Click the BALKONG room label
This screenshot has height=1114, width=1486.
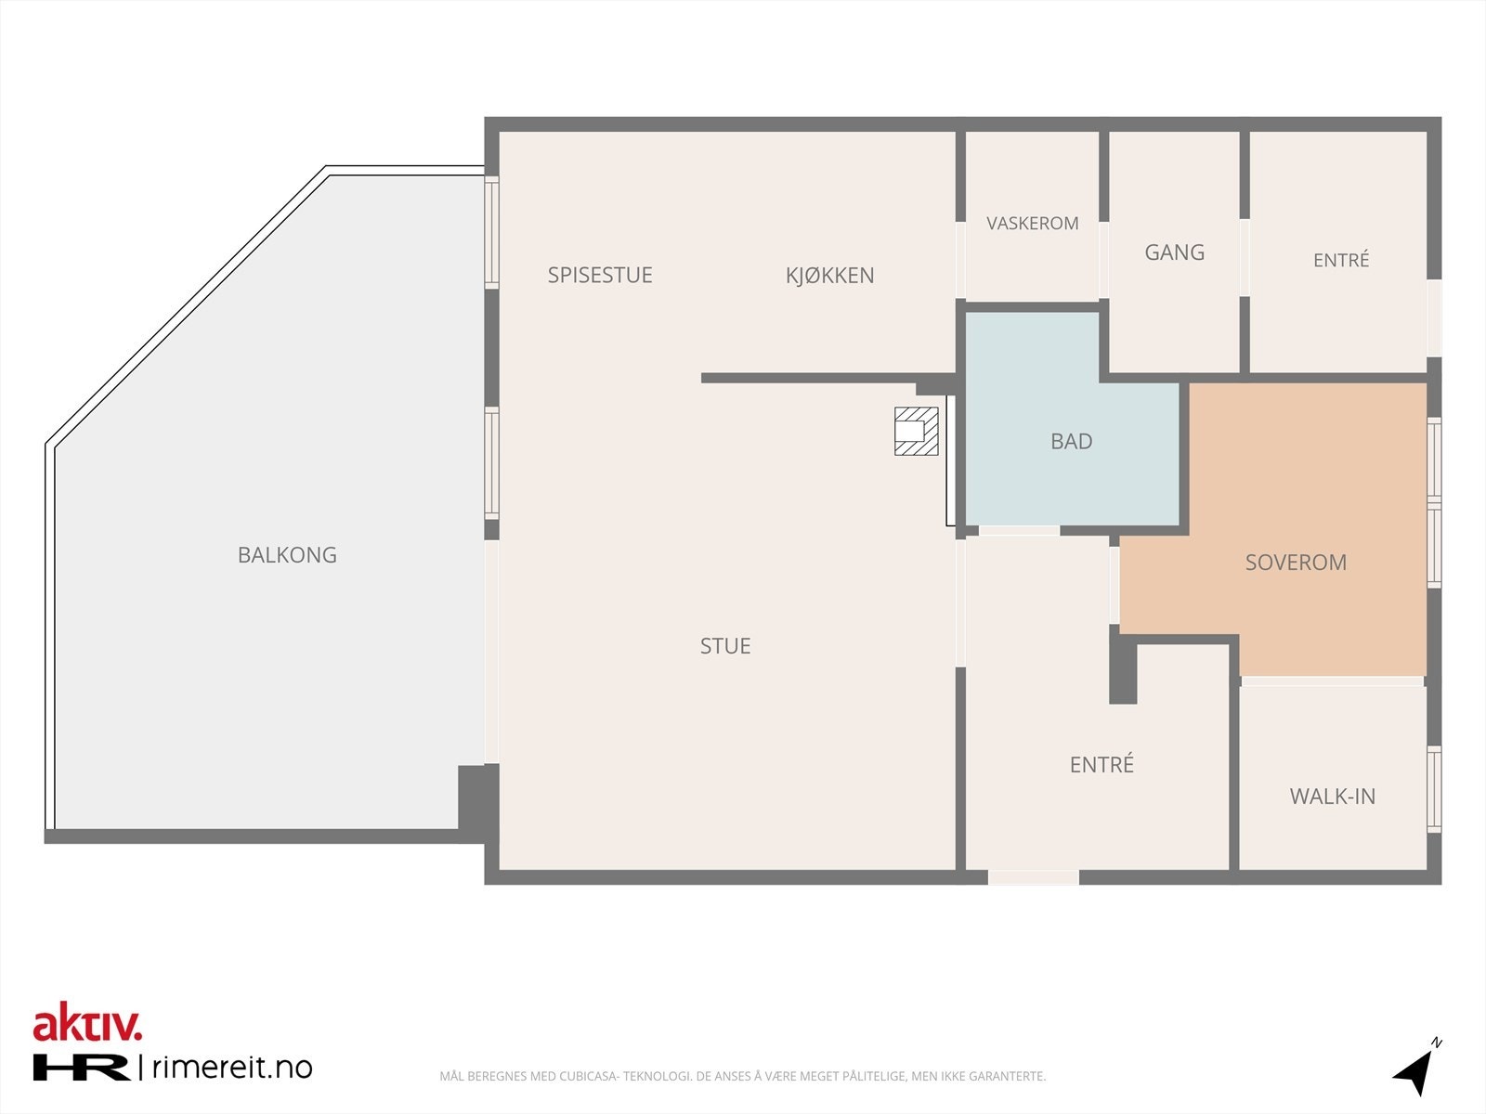tap(287, 554)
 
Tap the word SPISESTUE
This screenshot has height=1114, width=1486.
tap(600, 275)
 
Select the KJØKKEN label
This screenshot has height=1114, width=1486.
tap(830, 276)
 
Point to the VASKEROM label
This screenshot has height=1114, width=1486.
tap(1033, 223)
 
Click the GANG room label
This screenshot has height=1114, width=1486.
tap(1175, 253)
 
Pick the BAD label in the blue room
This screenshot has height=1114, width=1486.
tap(1072, 442)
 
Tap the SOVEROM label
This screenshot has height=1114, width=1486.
tap(1296, 562)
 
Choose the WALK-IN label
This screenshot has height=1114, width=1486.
tap(1333, 797)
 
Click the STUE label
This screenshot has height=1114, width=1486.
tap(725, 646)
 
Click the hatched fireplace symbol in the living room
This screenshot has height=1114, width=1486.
tap(916, 431)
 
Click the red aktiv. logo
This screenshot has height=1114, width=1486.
tap(87, 1022)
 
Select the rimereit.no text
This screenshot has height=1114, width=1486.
tap(232, 1068)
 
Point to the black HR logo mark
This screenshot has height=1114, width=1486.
tap(82, 1068)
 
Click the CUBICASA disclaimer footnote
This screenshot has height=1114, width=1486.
tap(743, 1075)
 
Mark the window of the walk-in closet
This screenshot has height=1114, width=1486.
tap(1434, 789)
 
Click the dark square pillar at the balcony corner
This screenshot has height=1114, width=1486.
tap(478, 803)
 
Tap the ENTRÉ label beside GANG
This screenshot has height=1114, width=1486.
tap(1341, 260)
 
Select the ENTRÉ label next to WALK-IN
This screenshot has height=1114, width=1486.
tap(1101, 764)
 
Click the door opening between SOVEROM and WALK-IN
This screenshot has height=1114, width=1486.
tap(1333, 681)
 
